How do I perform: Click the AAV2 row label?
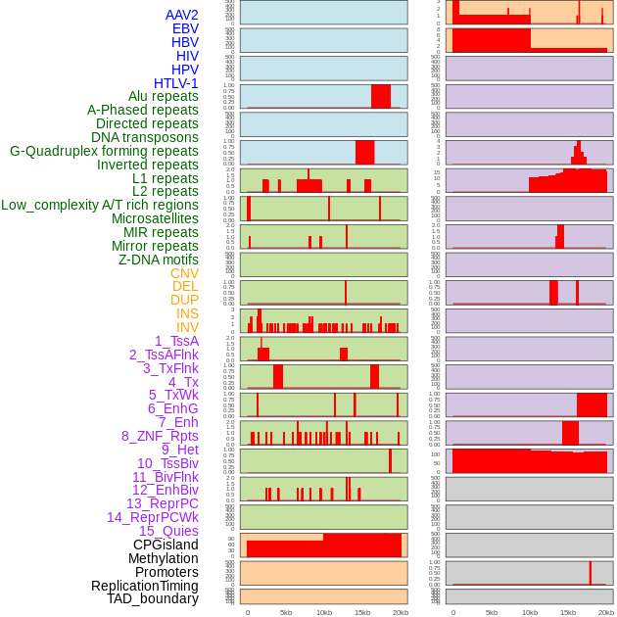click(x=182, y=15)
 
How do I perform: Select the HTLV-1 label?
click(x=176, y=83)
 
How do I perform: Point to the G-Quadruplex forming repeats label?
click(x=104, y=151)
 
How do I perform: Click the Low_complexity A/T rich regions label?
click(x=100, y=205)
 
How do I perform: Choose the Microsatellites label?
click(x=155, y=218)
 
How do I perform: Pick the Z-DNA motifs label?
click(x=159, y=260)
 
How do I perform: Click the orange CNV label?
click(x=184, y=273)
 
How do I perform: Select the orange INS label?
click(x=187, y=313)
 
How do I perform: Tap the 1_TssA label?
click(x=176, y=341)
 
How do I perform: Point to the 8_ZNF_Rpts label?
click(x=160, y=436)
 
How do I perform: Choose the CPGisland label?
click(x=166, y=545)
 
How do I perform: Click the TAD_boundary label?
click(x=153, y=598)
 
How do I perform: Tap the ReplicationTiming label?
click(x=145, y=586)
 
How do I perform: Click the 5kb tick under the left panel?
click(x=286, y=612)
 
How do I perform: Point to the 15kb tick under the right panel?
click(x=568, y=612)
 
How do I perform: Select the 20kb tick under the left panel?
click(x=401, y=612)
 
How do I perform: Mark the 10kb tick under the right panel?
click(x=530, y=612)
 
